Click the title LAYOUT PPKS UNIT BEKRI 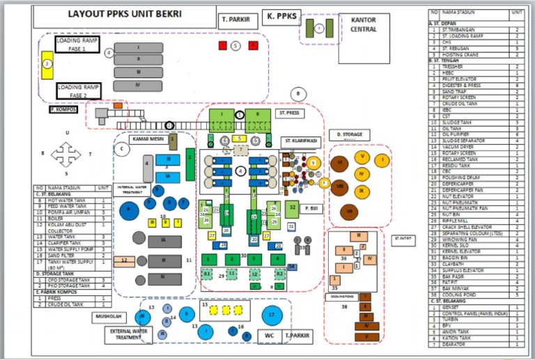123,13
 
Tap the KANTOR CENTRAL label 364,25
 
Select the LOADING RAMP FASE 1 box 78,46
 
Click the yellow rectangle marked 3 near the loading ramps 47,64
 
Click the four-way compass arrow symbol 66,153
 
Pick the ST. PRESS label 289,112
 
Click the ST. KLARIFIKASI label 301,141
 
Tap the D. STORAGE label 349,134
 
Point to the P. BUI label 311,208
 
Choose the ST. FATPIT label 403,238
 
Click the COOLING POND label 334,295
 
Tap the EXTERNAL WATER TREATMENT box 128,335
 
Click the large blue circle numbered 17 272,315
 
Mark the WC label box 268,338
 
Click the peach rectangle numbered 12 124,261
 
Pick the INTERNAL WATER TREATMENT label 132,190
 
